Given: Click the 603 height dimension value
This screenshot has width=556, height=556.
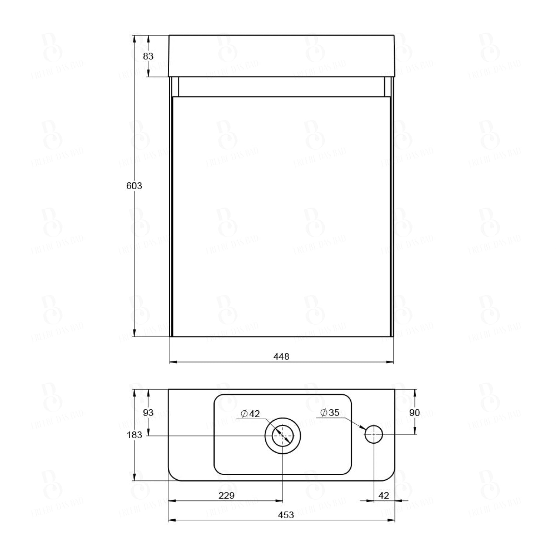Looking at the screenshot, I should tap(134, 186).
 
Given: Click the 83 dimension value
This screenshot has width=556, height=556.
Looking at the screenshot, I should tap(148, 56).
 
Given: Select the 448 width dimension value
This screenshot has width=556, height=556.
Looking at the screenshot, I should tap(281, 357).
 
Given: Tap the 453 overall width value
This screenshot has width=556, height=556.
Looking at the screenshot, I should tap(286, 515).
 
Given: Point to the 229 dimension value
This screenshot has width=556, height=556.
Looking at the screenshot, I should tap(226, 496).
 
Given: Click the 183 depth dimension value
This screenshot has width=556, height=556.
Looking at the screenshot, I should tap(134, 435).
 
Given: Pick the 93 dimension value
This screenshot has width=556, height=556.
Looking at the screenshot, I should tap(148, 413).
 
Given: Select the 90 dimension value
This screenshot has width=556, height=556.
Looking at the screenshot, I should tap(414, 413).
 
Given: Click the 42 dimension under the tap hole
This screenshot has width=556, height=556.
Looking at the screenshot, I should tap(384, 496).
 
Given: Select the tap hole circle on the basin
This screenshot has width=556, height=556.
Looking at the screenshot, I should tap(374, 434).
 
